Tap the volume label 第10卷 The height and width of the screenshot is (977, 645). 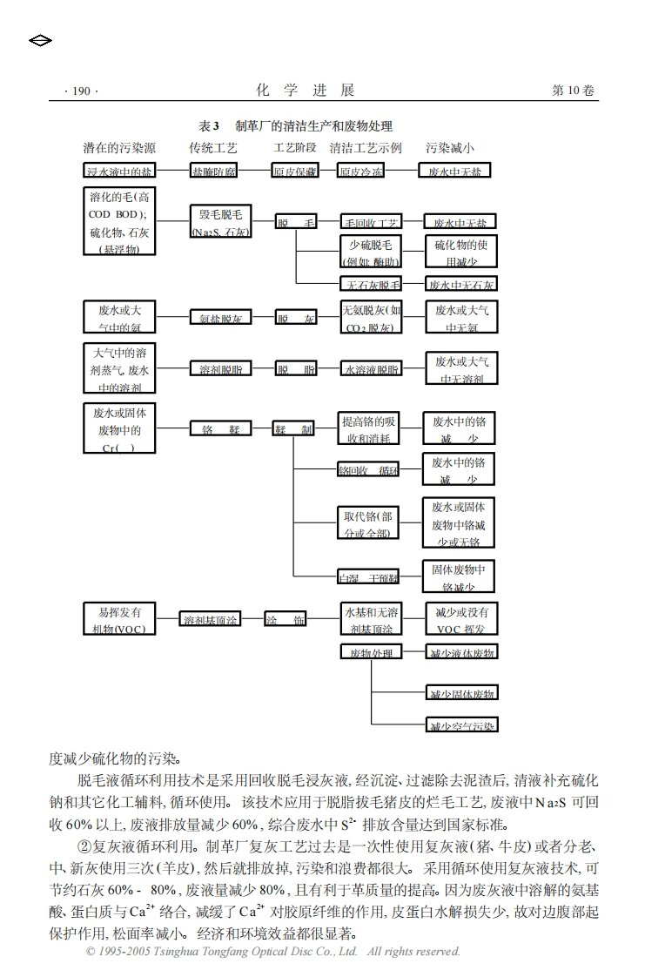pyautogui.click(x=574, y=91)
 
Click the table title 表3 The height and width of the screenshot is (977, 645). pyautogui.click(x=208, y=127)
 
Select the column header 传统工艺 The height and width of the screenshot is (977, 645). pyautogui.click(x=213, y=148)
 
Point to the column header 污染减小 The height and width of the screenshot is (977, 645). pyautogui.click(x=450, y=148)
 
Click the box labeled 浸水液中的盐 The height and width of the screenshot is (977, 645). pyautogui.click(x=120, y=171)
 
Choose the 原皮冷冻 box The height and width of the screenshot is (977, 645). pyautogui.click(x=360, y=171)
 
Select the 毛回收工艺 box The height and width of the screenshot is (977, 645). pyautogui.click(x=370, y=223)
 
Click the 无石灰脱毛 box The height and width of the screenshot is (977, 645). pyautogui.click(x=370, y=284)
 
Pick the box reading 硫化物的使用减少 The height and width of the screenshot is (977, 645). pyautogui.click(x=460, y=253)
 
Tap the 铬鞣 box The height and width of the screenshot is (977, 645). pyautogui.click(x=220, y=429)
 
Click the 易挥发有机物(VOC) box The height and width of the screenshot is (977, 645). pyautogui.click(x=120, y=620)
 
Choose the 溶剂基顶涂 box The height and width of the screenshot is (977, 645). pyautogui.click(x=210, y=620)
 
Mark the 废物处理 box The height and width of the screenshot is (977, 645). pyautogui.click(x=371, y=652)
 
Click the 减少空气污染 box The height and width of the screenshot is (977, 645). pyautogui.click(x=461, y=724)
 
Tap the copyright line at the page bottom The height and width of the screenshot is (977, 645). pyautogui.click(x=272, y=952)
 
